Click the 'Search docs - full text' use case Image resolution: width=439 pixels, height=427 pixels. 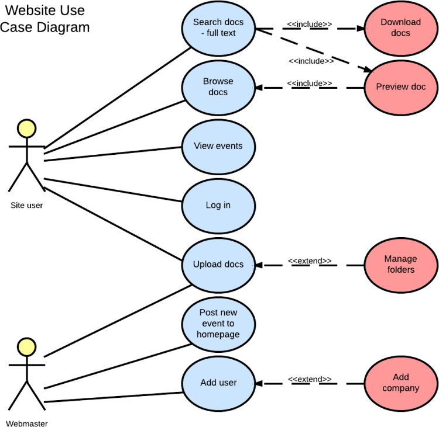click(x=218, y=28)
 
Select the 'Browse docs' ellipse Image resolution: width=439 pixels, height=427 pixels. click(x=218, y=87)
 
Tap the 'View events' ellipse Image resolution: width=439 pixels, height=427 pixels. click(x=218, y=146)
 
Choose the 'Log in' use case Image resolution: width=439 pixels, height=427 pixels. click(x=218, y=205)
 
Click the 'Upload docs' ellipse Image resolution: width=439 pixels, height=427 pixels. click(x=218, y=265)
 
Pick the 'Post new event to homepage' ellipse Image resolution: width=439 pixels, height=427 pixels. click(x=218, y=324)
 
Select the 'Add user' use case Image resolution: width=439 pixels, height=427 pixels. click(x=218, y=383)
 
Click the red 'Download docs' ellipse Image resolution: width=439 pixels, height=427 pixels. click(x=401, y=28)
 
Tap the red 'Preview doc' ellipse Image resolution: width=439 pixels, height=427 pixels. click(x=401, y=87)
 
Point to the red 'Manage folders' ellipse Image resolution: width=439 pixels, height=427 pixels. click(x=401, y=265)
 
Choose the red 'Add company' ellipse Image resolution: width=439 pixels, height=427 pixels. click(x=401, y=383)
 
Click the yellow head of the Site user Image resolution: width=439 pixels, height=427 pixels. click(x=26, y=129)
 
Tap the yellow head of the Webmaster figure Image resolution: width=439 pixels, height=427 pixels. click(x=26, y=346)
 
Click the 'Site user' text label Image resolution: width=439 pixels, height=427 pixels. click(x=26, y=205)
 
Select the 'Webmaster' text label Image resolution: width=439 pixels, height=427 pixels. click(x=27, y=423)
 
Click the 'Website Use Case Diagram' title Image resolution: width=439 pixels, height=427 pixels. click(x=45, y=19)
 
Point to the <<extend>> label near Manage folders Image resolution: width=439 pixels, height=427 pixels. click(x=310, y=261)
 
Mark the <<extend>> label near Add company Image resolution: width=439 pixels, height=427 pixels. click(x=310, y=379)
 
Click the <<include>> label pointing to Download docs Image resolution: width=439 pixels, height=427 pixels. click(x=309, y=24)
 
